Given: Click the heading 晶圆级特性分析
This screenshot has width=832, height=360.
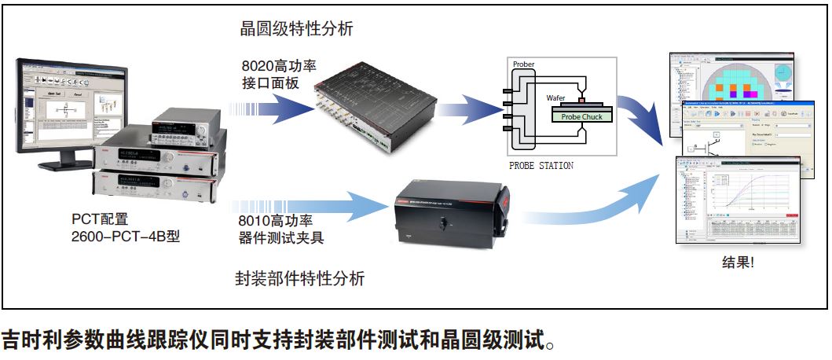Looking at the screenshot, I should (296, 30).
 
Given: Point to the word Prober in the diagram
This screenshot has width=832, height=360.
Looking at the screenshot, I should (523, 64).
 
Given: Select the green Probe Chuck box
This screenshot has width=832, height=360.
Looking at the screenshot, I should (581, 116).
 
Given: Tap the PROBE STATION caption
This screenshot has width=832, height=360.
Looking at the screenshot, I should (541, 166).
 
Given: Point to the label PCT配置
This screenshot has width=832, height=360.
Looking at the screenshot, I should (98, 218).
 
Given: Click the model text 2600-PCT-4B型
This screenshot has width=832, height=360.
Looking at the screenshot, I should (125, 235).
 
